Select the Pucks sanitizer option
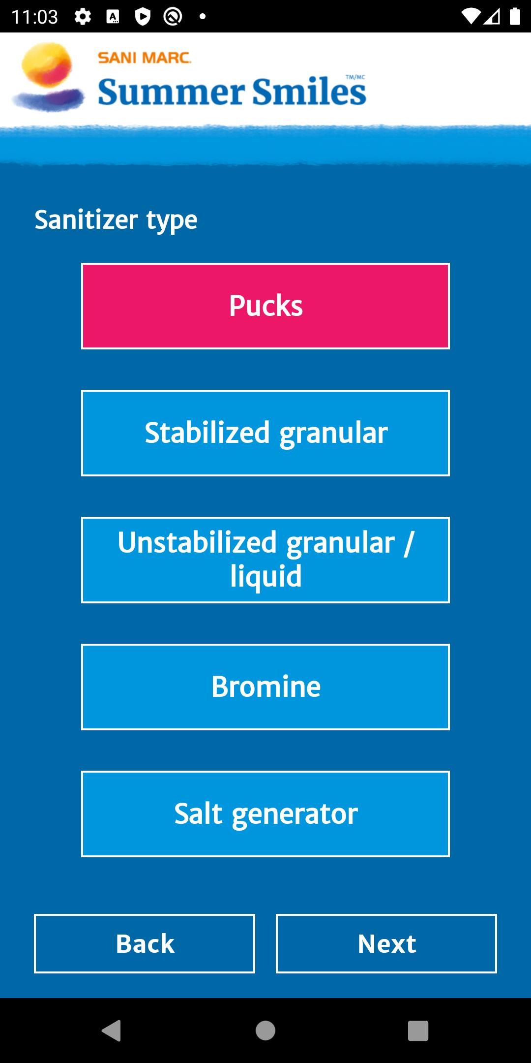click(265, 306)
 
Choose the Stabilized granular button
click(265, 433)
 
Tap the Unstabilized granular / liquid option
click(265, 560)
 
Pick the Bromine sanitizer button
click(265, 687)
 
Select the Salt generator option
click(265, 814)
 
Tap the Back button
click(145, 943)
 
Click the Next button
click(386, 943)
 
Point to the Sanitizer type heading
click(116, 220)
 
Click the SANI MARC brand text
click(145, 58)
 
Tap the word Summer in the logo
click(171, 92)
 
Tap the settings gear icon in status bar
click(83, 17)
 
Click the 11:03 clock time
click(34, 17)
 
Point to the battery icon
click(515, 17)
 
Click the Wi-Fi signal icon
click(471, 17)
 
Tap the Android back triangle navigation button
click(112, 1031)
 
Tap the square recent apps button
click(418, 1031)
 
